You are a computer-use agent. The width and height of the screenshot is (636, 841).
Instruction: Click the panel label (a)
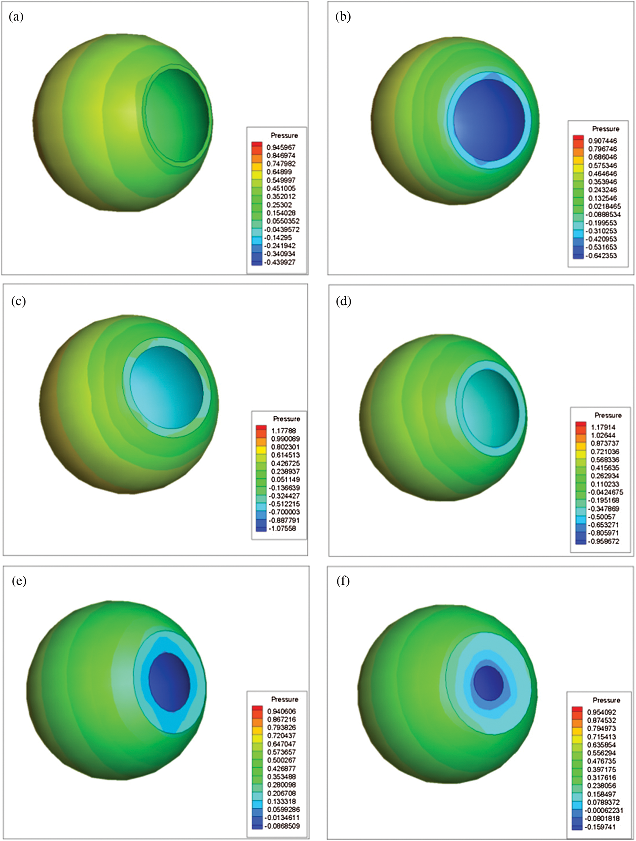pyautogui.click(x=16, y=17)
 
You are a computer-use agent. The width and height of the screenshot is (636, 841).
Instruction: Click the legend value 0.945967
pyautogui.click(x=281, y=147)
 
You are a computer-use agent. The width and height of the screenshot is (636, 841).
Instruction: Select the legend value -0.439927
pyautogui.click(x=280, y=262)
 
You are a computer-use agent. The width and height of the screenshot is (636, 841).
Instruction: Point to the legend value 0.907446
pyautogui.click(x=603, y=141)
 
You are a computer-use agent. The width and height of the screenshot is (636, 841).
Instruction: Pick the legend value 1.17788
pyautogui.click(x=283, y=431)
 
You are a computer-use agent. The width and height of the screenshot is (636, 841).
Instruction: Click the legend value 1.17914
pyautogui.click(x=603, y=427)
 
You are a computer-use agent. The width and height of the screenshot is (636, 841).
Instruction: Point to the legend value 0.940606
pyautogui.click(x=281, y=711)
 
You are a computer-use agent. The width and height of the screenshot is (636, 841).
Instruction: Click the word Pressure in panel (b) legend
pyautogui.click(x=606, y=129)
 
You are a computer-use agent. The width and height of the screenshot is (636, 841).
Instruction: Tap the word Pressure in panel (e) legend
pyautogui.click(x=284, y=699)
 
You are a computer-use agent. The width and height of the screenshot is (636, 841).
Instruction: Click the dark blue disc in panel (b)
pyautogui.click(x=489, y=120)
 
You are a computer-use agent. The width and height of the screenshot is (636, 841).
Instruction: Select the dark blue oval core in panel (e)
pyautogui.click(x=169, y=682)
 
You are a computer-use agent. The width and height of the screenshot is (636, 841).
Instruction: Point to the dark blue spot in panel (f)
pyautogui.click(x=488, y=683)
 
